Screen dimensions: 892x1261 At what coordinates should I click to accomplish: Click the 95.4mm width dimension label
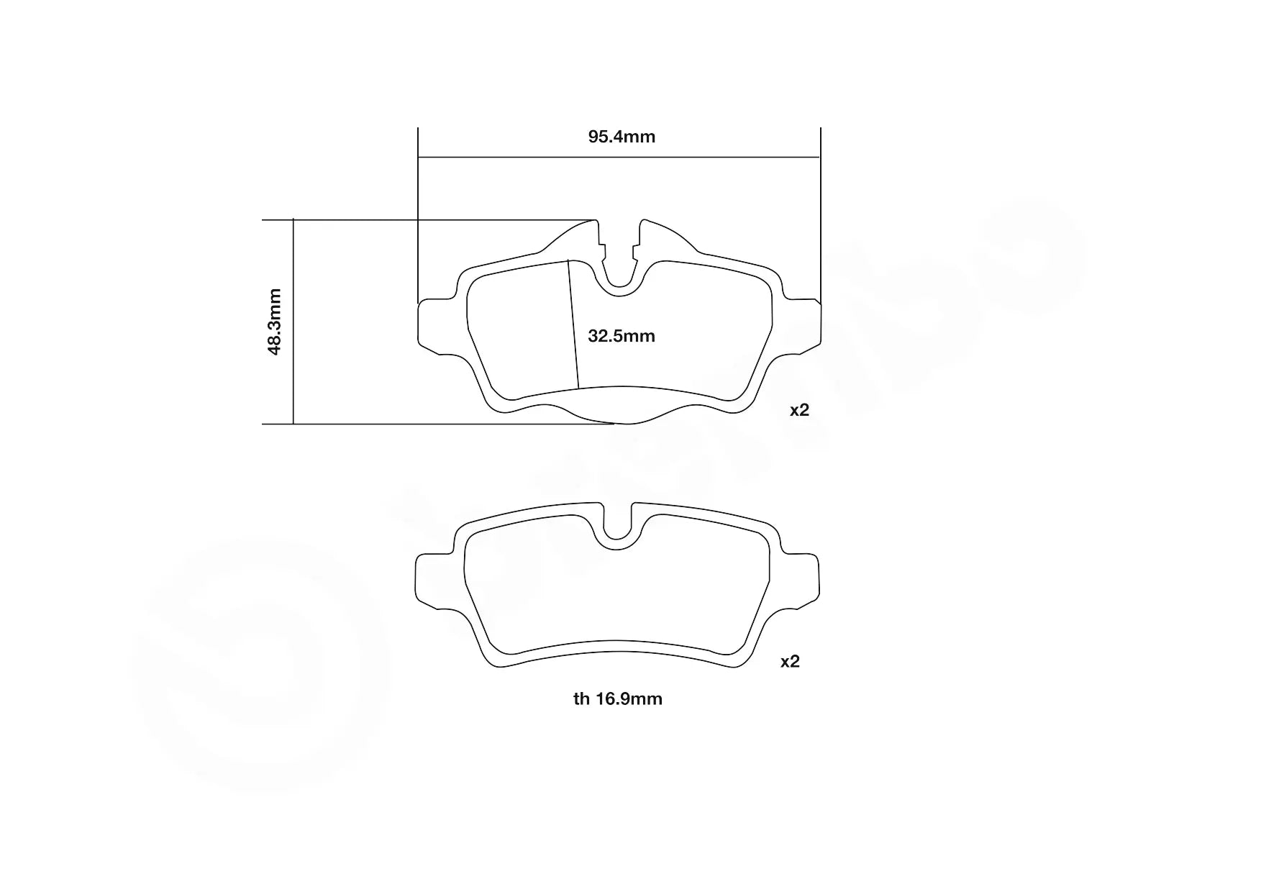click(622, 137)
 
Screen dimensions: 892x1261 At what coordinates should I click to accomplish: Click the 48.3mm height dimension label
click(274, 322)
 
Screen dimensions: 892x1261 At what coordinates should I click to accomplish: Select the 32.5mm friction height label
click(622, 336)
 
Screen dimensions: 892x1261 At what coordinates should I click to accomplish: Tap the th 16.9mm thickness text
click(617, 698)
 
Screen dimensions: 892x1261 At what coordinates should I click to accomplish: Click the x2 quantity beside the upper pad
click(799, 410)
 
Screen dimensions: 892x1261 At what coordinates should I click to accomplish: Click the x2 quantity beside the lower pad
click(790, 661)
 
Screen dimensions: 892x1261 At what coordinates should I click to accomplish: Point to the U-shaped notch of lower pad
click(616, 529)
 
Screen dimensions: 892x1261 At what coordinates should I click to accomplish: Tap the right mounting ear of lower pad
click(801, 579)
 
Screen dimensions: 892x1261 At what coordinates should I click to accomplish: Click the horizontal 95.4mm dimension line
click(504, 156)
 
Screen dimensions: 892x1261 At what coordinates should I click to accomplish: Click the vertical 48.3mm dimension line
click(293, 360)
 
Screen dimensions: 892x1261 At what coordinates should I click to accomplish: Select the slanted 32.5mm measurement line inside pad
click(573, 324)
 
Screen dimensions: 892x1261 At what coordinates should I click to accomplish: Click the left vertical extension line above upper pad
click(418, 216)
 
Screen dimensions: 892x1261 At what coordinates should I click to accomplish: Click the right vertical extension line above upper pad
click(820, 216)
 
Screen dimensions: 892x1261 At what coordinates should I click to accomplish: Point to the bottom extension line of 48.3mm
click(432, 424)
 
